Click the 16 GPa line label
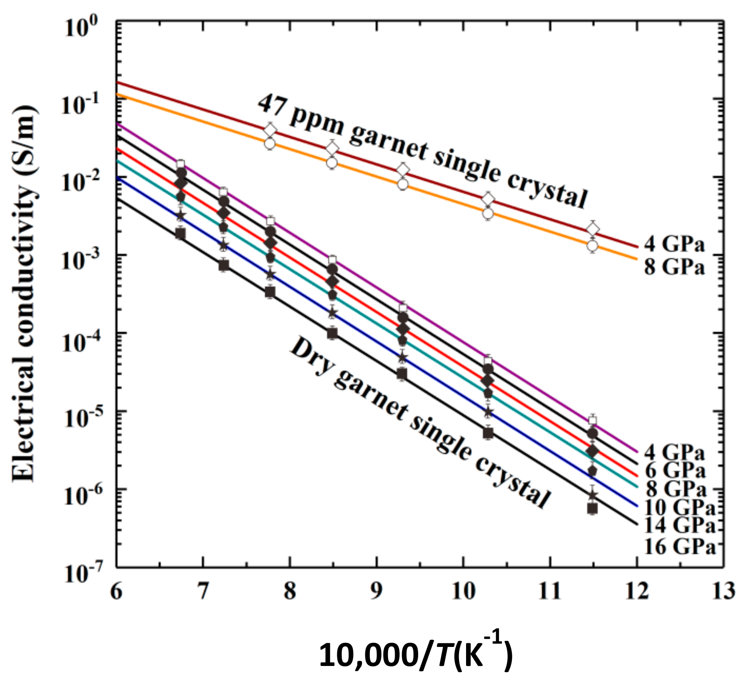tap(679, 547)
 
